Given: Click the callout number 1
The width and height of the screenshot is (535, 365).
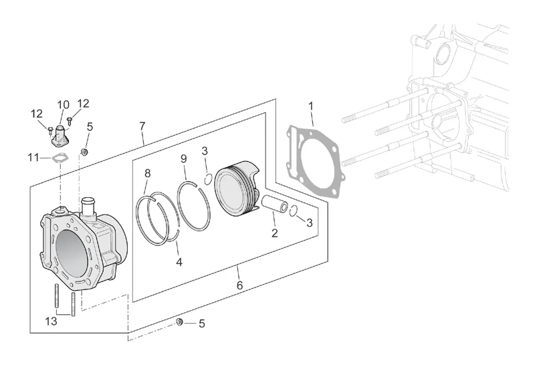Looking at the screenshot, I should (311, 106).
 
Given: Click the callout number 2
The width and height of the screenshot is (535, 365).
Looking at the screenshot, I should (274, 233).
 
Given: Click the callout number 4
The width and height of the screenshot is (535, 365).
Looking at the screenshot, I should (179, 263).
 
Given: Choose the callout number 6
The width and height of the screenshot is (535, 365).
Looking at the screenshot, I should (239, 285).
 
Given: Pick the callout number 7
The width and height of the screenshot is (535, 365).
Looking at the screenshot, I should (142, 126).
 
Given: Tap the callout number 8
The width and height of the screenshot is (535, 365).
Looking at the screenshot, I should (148, 174).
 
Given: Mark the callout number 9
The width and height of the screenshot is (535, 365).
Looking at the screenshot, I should (183, 158).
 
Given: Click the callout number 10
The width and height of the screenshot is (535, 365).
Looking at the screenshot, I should (63, 105).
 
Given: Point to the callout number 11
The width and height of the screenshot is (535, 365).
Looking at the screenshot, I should (34, 158).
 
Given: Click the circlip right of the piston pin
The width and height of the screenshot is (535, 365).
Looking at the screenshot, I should (294, 211).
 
